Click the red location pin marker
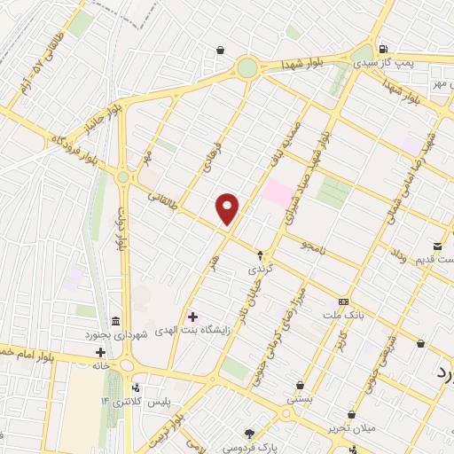[x=228, y=208]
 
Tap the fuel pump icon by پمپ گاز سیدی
[x=382, y=50]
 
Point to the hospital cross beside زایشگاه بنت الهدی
[x=192, y=317]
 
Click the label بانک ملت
[x=343, y=317]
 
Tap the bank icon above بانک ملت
[x=343, y=302]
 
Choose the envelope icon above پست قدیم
[x=438, y=245]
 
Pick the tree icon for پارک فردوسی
[x=250, y=432]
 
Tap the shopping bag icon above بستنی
[x=300, y=386]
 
